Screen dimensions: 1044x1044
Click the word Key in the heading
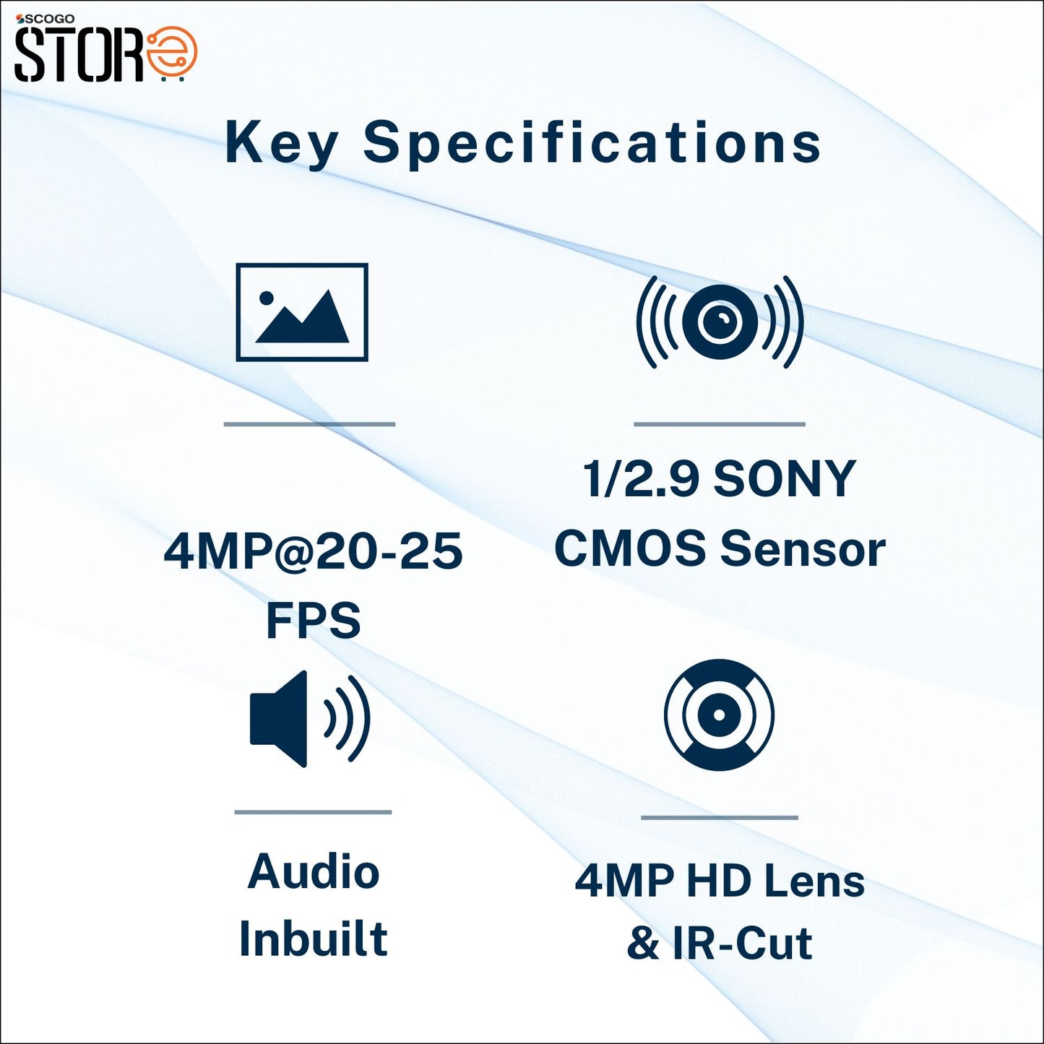[x=280, y=143]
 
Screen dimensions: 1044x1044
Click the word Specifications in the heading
[x=592, y=143]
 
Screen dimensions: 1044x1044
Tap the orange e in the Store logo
[x=172, y=53]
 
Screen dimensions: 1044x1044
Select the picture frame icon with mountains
[x=302, y=311]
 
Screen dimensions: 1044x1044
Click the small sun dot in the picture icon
[x=267, y=297]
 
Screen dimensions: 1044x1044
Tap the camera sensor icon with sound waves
[x=719, y=322]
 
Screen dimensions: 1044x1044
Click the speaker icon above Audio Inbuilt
[x=309, y=718]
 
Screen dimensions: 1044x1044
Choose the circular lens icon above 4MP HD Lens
[x=719, y=715]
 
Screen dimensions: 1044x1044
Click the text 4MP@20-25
[x=313, y=551]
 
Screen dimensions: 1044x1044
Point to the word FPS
[x=313, y=620]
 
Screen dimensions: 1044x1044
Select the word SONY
[x=784, y=478]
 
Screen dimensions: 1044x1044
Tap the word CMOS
[x=629, y=548]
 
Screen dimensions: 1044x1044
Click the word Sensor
[x=803, y=548]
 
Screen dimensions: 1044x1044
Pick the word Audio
[x=313, y=871]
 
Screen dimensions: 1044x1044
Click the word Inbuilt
[x=313, y=939]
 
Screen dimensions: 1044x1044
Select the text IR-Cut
[x=742, y=943]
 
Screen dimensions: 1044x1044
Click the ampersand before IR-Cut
[x=643, y=943]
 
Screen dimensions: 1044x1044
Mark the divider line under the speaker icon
[x=313, y=812]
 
